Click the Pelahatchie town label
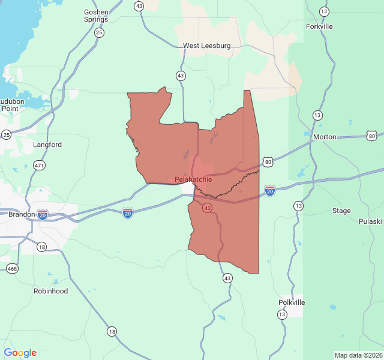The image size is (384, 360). (193, 179)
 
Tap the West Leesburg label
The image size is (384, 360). (207, 46)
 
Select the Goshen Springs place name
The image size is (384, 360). (96, 16)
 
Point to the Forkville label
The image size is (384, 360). (319, 26)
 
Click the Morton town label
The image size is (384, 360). (325, 137)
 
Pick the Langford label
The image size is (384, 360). (47, 145)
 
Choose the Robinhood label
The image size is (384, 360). (50, 291)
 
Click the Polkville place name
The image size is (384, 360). (292, 302)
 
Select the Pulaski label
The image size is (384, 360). (370, 221)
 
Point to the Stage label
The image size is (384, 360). (341, 211)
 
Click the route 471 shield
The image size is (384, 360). (39, 165)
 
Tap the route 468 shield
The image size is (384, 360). (12, 268)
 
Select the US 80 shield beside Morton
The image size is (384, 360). (372, 136)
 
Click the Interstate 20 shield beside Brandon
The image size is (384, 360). (43, 214)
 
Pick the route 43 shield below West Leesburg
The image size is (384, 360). (181, 76)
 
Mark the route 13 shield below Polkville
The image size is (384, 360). (282, 314)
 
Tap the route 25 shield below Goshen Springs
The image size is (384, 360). (99, 32)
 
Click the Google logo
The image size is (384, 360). (20, 353)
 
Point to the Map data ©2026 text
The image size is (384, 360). (358, 355)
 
